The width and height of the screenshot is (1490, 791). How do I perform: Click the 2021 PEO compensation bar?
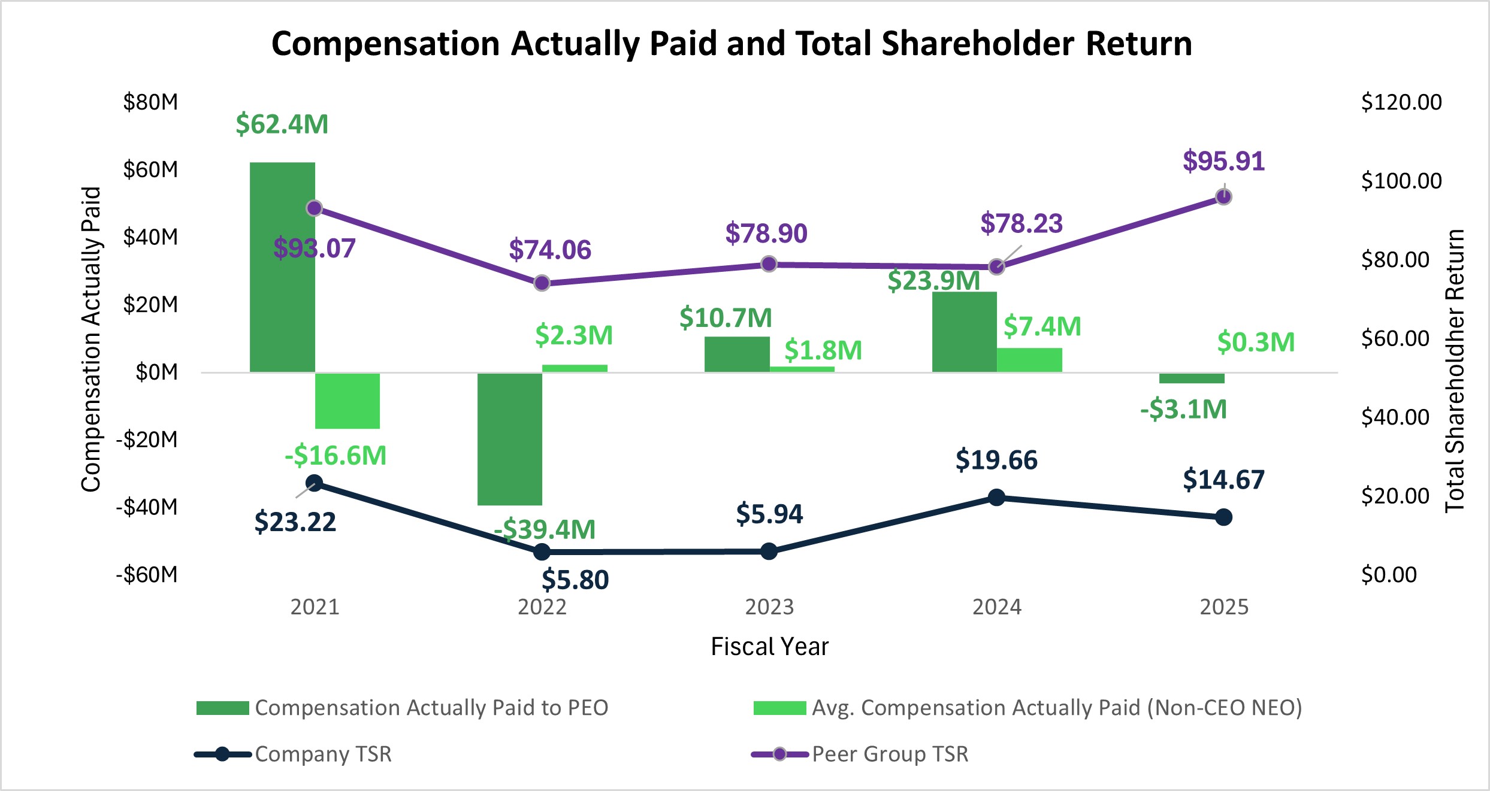coord(282,267)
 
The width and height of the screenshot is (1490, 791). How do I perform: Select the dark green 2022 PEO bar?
coord(509,438)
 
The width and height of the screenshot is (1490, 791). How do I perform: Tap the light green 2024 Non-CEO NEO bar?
coord(1029,360)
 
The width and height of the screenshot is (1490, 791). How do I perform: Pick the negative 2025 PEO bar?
coord(1192,378)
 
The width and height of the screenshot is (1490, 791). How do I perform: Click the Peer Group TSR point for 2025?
coord(1223,197)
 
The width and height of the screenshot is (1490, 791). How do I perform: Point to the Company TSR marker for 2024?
coord(996,497)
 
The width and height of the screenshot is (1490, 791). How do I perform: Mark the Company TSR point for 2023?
coord(769,551)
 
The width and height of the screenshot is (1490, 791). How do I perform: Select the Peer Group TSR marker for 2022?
coord(542,283)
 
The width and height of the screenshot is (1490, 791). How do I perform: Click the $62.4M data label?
coord(282,124)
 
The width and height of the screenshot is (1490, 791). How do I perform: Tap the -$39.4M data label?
coord(545,529)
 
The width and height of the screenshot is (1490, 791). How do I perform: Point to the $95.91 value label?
coord(1223,161)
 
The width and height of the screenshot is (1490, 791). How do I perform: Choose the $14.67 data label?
coord(1223,480)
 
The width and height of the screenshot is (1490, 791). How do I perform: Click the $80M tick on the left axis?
coord(150,102)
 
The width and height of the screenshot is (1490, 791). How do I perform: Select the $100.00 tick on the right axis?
coord(1401,181)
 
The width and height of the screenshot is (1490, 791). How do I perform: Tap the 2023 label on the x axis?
coord(769,607)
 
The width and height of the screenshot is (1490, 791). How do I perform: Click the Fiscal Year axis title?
coord(769,647)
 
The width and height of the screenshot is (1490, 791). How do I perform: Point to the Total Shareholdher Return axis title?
coord(1454,371)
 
